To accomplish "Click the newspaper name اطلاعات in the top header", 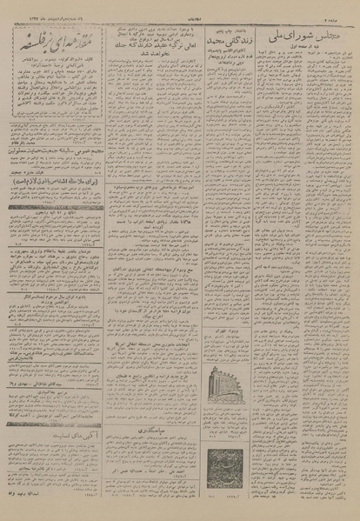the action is (181, 6).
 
